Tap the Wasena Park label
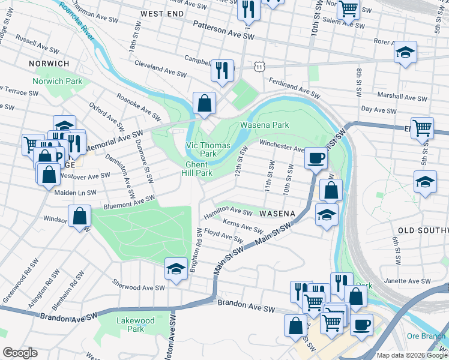(265, 125)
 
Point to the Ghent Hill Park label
(197, 169)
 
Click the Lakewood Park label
(135, 325)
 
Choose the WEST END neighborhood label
(161, 13)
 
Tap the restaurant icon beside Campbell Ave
(222, 70)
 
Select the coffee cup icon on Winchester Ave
(316, 158)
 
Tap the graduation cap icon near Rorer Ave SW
(405, 52)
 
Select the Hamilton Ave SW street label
(228, 211)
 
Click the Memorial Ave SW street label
(113, 140)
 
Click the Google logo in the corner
(20, 353)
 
